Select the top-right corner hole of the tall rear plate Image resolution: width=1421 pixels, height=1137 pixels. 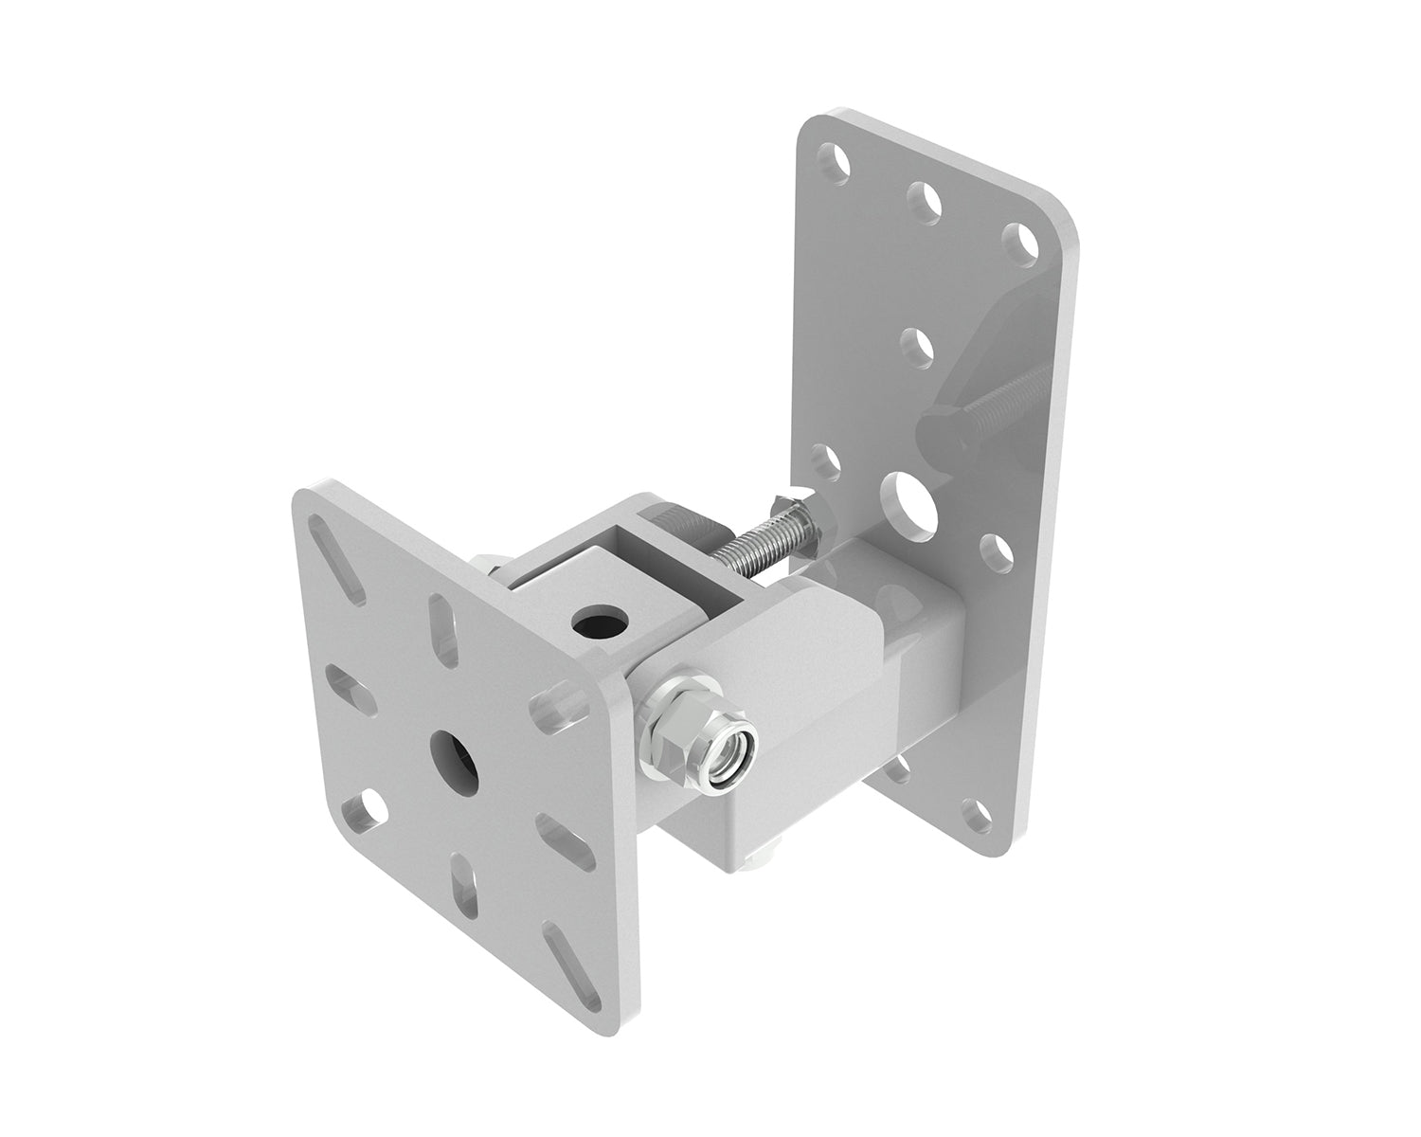point(1018,240)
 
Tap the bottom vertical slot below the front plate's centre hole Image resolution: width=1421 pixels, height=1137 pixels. point(465,880)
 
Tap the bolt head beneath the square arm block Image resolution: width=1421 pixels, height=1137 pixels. point(758,863)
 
